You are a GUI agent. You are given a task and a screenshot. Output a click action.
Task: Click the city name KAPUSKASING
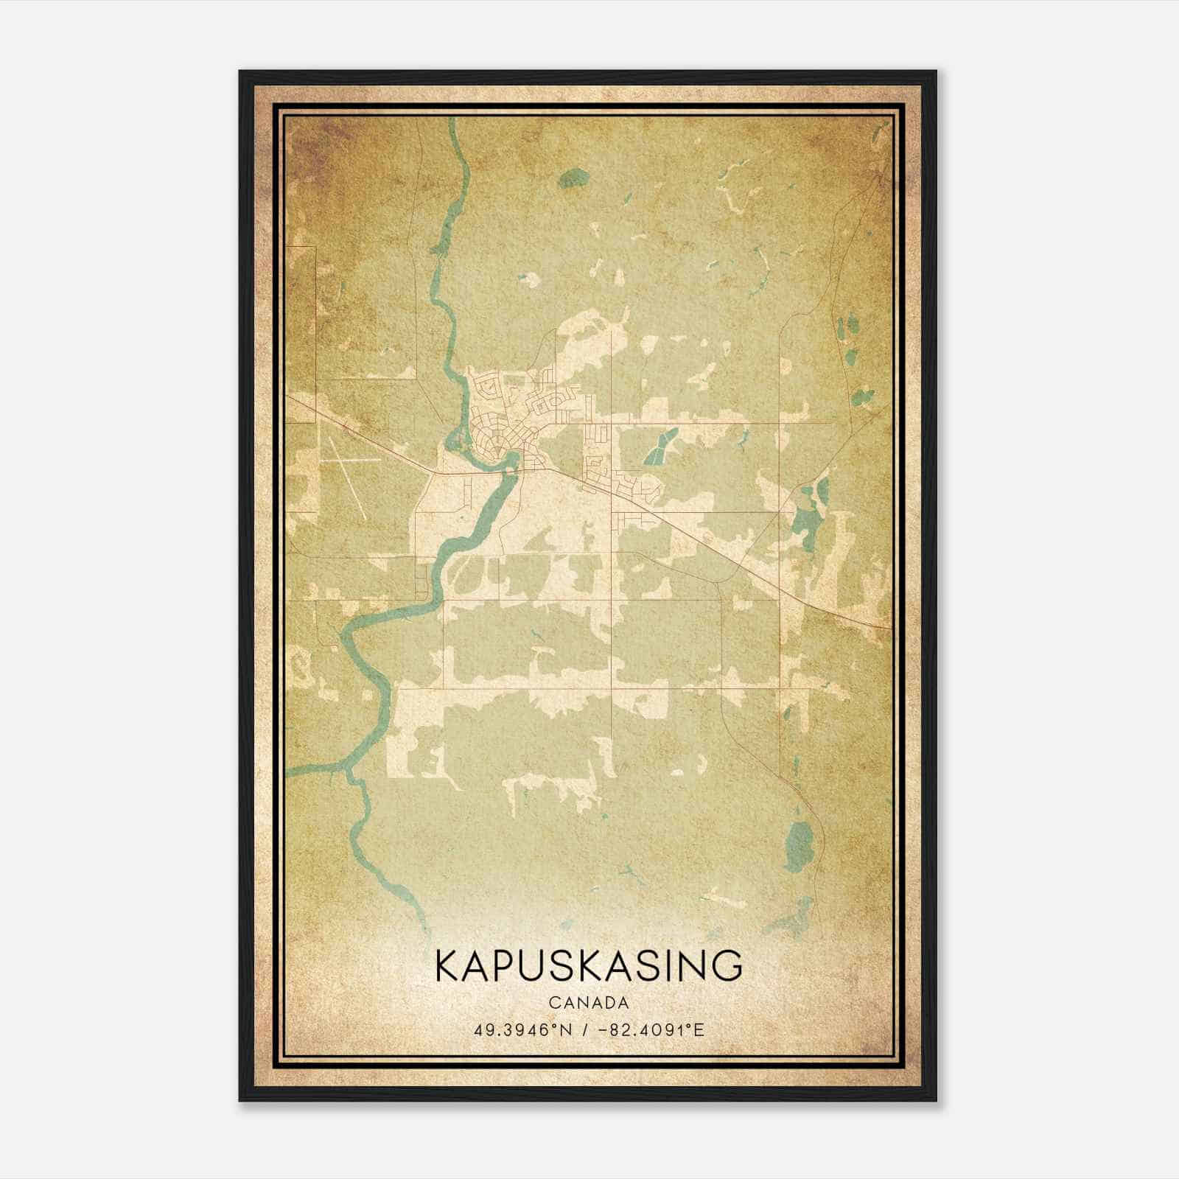589,965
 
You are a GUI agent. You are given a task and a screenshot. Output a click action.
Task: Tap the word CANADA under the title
589,1003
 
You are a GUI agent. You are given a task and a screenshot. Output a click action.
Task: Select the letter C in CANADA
553,1003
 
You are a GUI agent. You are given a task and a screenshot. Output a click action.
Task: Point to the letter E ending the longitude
699,1029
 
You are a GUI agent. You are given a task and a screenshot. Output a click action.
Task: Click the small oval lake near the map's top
573,178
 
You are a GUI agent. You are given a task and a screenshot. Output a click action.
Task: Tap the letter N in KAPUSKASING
691,965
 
